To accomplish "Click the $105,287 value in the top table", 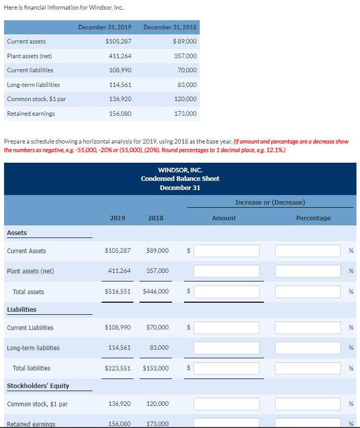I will (x=118, y=41).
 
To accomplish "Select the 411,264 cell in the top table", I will (x=120, y=56).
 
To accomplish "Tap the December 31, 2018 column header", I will (x=170, y=27).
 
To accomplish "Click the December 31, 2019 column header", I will (x=105, y=27).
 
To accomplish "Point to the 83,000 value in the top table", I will (x=188, y=84).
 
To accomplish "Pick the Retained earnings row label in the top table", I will (x=31, y=113).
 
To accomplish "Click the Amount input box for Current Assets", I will (x=226, y=251).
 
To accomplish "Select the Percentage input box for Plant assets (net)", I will (x=308, y=271).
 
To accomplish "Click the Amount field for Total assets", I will (x=226, y=292).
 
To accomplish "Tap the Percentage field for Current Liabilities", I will (x=308, y=327).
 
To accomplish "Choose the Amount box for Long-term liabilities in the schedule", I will (x=226, y=348).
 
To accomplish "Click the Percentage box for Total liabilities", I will (x=308, y=368).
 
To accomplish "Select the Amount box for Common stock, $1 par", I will (x=226, y=404).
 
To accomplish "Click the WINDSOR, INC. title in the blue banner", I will (x=180, y=170).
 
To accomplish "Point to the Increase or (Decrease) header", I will (x=270, y=202).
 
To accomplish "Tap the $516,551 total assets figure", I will (x=117, y=292).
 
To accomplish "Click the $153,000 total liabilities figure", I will (x=156, y=368).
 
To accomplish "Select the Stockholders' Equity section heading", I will (x=38, y=386).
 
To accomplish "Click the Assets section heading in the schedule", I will (x=17, y=232).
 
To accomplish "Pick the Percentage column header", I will (x=313, y=218).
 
